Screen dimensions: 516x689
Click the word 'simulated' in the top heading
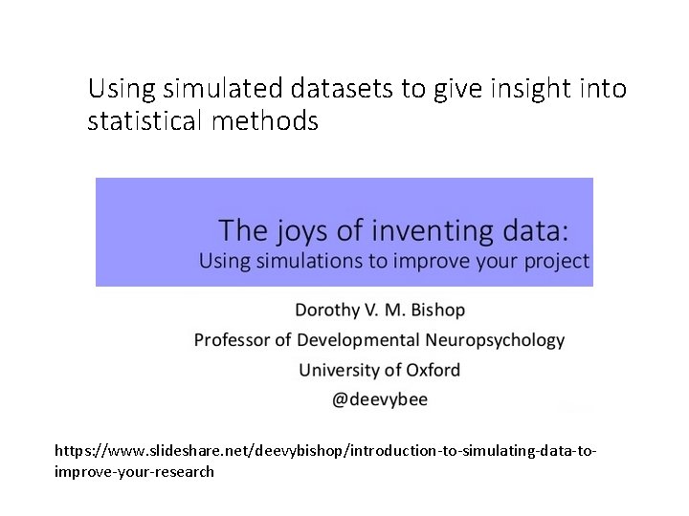click(x=211, y=90)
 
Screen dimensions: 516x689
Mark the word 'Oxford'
click(x=432, y=370)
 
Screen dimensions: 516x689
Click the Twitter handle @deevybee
click(x=380, y=399)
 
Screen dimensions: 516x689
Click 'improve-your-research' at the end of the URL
click(x=135, y=471)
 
